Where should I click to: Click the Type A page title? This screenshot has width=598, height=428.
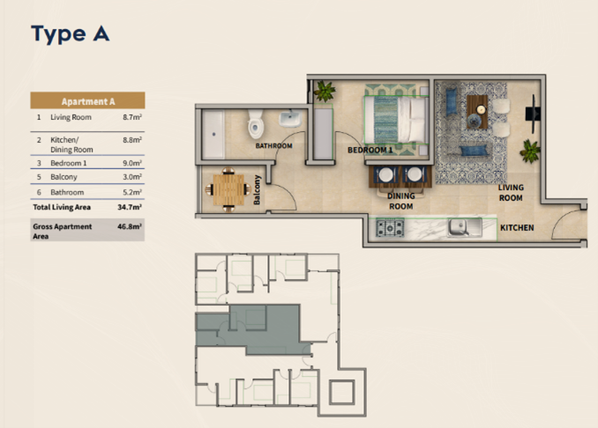click(x=71, y=33)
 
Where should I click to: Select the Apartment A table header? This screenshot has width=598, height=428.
click(x=87, y=101)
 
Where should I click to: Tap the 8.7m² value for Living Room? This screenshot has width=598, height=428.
click(x=132, y=117)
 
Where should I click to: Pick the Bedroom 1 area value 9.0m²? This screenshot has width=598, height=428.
click(x=132, y=163)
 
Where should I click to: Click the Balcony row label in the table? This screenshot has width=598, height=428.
click(x=64, y=177)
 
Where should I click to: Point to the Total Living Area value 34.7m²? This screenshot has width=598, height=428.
click(x=130, y=207)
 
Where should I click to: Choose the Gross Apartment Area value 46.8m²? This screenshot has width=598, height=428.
click(x=130, y=226)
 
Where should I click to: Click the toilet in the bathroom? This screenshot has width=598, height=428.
click(x=256, y=124)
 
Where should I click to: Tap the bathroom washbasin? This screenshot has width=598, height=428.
click(x=290, y=119)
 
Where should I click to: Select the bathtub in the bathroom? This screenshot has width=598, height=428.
click(x=213, y=134)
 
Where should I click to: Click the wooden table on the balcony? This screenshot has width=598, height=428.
click(x=228, y=189)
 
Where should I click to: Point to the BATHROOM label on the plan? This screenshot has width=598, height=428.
click(x=273, y=146)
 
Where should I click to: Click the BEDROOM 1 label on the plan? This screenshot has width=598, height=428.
click(x=370, y=150)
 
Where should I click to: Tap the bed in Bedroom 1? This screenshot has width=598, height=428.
click(x=396, y=120)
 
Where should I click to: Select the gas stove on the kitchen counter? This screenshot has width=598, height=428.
click(x=390, y=228)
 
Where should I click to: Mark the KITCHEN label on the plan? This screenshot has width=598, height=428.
click(x=517, y=228)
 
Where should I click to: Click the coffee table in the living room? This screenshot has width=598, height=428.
click(x=477, y=112)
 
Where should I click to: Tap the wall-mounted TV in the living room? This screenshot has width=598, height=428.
click(x=534, y=114)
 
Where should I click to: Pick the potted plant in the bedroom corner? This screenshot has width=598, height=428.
click(x=325, y=91)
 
